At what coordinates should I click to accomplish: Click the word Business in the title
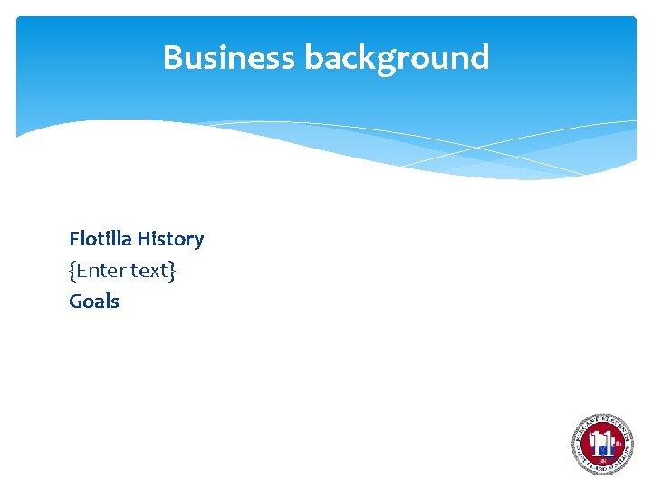(x=229, y=58)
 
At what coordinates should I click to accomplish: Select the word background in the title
(x=397, y=58)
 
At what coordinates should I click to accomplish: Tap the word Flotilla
(x=101, y=239)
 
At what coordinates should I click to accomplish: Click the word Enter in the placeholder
(x=102, y=270)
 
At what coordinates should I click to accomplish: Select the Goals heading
(x=94, y=301)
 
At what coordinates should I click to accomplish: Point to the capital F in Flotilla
(x=74, y=239)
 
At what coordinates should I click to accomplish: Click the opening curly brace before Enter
(x=72, y=270)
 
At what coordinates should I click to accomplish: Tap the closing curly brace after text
(x=172, y=270)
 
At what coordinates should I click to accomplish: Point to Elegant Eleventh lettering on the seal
(x=601, y=420)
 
